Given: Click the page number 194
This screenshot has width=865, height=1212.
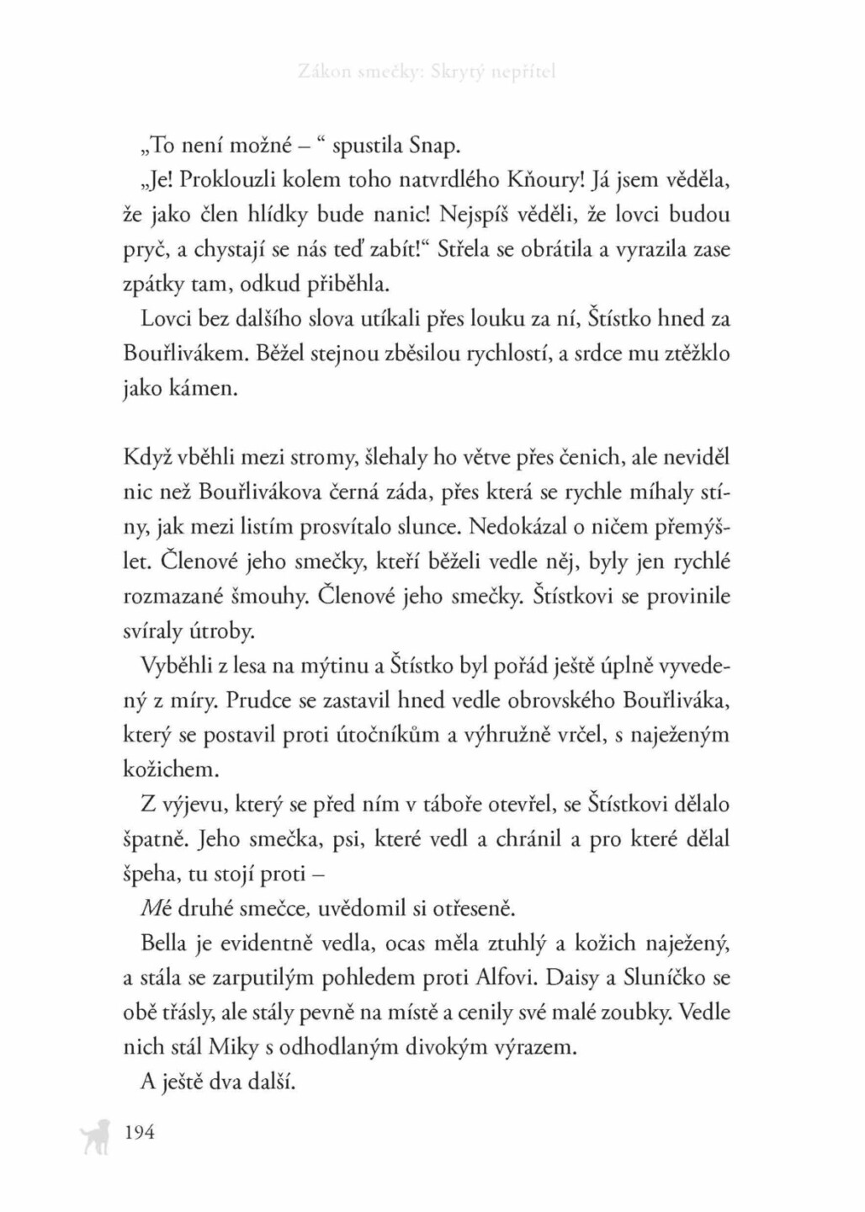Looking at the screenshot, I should (140, 1132).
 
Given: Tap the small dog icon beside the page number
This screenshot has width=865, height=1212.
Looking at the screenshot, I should (93, 1136).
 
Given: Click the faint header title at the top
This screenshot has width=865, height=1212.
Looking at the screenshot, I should (427, 72).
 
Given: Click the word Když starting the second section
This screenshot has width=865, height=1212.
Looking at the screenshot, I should (147, 459).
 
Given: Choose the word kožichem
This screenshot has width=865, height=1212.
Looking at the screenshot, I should (159, 769).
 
